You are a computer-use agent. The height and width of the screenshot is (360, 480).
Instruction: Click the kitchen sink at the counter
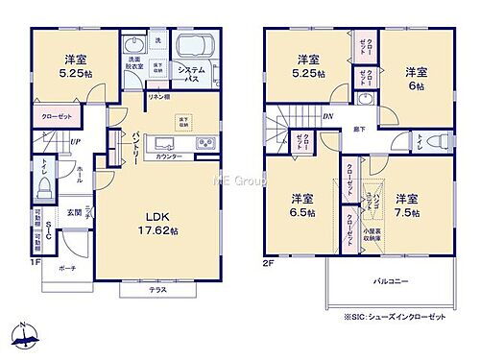[159, 145]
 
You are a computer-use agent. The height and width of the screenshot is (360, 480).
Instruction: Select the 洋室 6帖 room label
[415, 78]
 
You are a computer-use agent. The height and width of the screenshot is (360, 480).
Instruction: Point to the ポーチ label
[66, 269]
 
